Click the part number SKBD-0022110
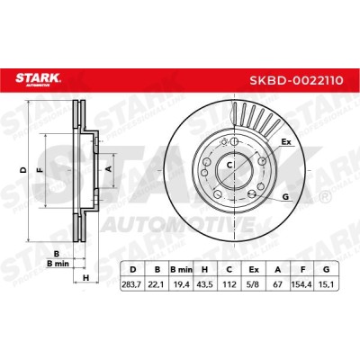(x=297, y=80)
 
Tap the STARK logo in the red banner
(x=38, y=79)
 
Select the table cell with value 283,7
(x=132, y=283)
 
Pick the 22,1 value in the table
(x=157, y=283)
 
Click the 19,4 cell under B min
(x=182, y=283)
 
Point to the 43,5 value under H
(x=205, y=283)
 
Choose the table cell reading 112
(x=229, y=283)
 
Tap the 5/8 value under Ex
(x=254, y=283)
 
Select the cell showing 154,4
(x=302, y=283)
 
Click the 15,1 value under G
(x=326, y=283)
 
